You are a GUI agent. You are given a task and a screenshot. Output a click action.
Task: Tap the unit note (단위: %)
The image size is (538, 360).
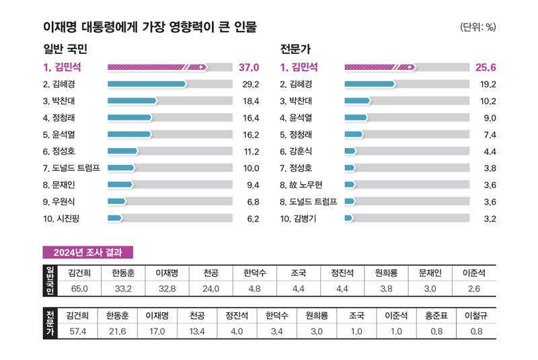[477, 28]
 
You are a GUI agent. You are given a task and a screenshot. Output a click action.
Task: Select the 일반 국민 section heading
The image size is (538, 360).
[65, 49]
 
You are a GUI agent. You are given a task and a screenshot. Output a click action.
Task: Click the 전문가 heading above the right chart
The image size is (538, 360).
[295, 49]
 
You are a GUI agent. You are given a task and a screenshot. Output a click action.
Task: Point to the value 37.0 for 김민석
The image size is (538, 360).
[248, 67]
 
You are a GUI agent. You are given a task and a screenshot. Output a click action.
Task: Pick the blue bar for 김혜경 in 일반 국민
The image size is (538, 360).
[147, 84]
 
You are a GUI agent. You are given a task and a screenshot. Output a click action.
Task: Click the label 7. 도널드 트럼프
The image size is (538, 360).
[71, 168]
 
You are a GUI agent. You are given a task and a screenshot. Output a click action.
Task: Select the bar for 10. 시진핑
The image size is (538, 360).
[115, 218]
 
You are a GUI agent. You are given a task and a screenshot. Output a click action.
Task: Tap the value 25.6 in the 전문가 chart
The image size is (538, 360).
[485, 67]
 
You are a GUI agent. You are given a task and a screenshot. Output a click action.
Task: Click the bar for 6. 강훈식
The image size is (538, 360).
[350, 151]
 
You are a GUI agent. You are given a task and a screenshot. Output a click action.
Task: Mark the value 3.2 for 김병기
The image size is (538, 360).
[490, 219]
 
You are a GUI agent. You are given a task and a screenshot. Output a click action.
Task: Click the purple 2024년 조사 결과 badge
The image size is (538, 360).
[88, 252]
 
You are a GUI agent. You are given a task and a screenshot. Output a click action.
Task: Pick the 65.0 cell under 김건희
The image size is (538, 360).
[80, 289]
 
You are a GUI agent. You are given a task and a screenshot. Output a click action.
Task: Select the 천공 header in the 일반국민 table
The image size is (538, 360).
[211, 273]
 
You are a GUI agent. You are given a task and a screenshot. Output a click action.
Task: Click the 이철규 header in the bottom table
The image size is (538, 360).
[476, 315]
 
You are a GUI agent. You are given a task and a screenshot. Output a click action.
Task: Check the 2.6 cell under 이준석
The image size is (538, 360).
[473, 289]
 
